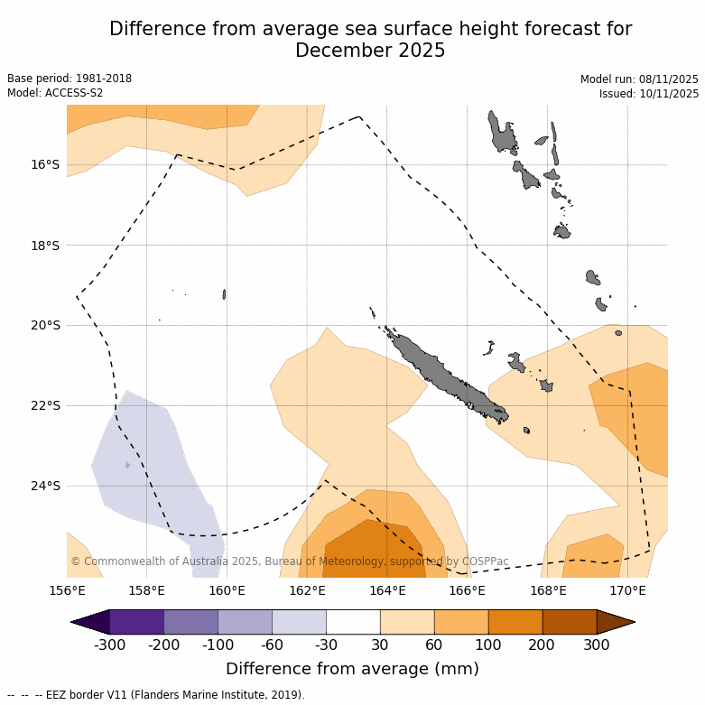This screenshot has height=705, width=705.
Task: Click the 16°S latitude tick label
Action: [x=46, y=164]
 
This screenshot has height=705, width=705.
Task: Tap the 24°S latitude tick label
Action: [x=46, y=486]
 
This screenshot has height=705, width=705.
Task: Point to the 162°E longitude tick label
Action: [x=307, y=591]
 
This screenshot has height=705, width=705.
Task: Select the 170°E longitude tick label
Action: [x=627, y=591]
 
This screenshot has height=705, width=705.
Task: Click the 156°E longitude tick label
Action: [x=67, y=591]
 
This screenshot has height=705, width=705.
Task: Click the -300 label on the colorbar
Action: [x=109, y=645]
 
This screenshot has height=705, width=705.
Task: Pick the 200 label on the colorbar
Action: [x=543, y=645]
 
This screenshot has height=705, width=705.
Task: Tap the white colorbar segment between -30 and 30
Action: [x=353, y=622]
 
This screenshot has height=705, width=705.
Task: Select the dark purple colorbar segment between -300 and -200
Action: [x=136, y=622]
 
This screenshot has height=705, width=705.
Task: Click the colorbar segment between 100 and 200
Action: [x=515, y=622]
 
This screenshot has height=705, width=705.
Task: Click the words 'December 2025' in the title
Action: [x=370, y=51]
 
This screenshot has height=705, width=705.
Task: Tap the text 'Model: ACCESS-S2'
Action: [x=55, y=93]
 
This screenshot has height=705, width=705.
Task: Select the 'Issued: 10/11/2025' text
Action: [x=649, y=94]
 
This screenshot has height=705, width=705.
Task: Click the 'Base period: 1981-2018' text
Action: [x=70, y=79]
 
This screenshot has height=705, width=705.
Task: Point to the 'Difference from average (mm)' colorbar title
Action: [x=352, y=669]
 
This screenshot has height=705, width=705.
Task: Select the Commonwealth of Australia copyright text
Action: [x=290, y=561]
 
